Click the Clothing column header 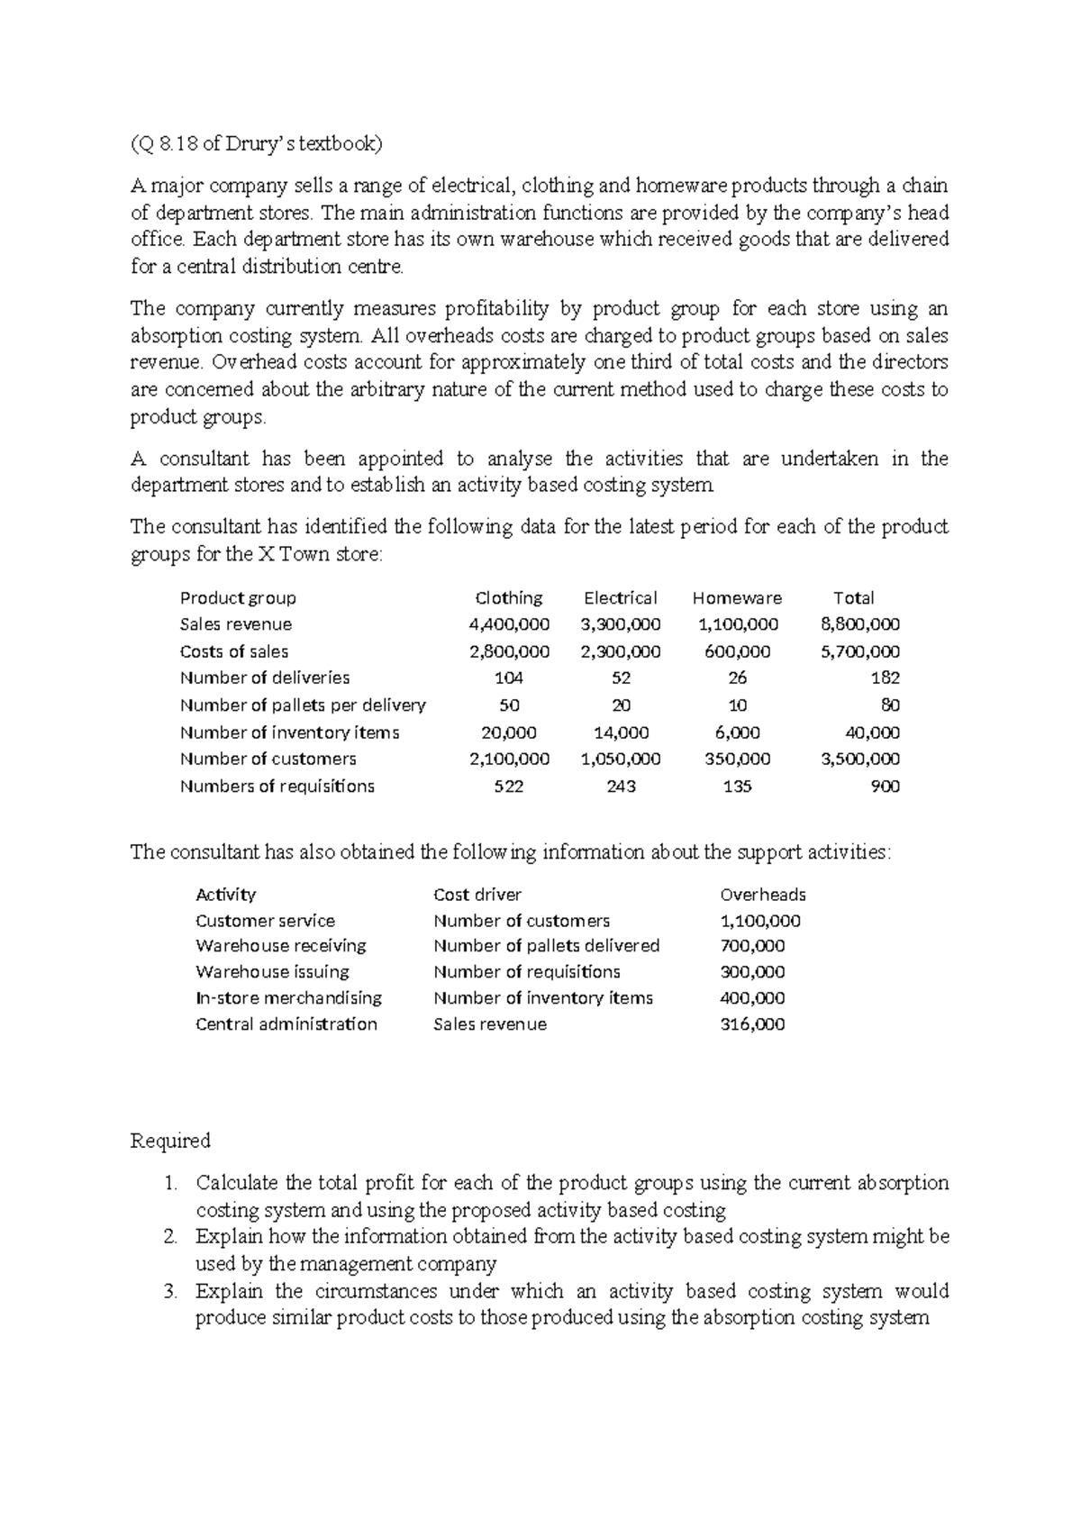[x=508, y=598]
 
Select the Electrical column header [x=620, y=598]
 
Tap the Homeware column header [x=737, y=598]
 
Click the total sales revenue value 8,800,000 [x=860, y=624]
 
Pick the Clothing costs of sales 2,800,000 [x=509, y=651]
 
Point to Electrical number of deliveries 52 [x=620, y=678]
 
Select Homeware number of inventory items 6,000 [x=737, y=732]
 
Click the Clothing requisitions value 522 [x=509, y=787]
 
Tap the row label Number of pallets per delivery [x=303, y=705]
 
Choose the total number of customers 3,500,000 [x=860, y=759]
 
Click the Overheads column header [x=762, y=895]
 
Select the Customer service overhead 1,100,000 [x=759, y=921]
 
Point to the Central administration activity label [x=286, y=1024]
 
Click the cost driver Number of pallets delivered [x=546, y=946]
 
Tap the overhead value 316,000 [x=752, y=1024]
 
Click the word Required [x=170, y=1141]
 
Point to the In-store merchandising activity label [x=288, y=998]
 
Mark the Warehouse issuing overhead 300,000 [x=752, y=972]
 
